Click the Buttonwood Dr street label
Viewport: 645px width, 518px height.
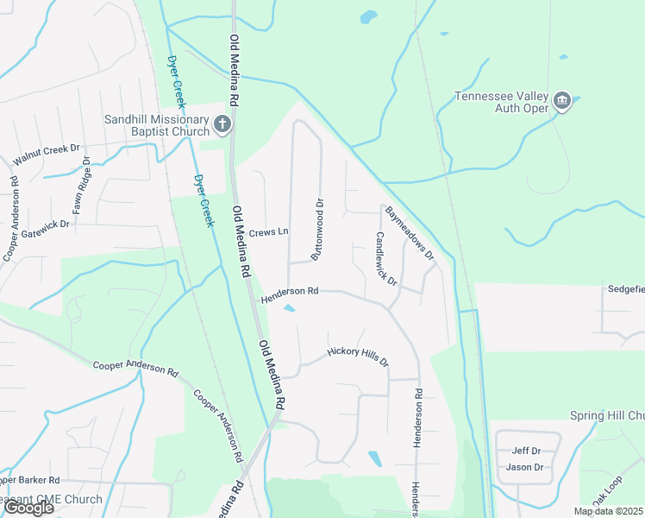(317, 231)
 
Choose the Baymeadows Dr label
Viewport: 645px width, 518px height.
(410, 233)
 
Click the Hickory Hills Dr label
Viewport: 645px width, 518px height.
(358, 357)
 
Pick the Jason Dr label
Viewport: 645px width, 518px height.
(524, 467)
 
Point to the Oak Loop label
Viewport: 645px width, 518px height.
(606, 490)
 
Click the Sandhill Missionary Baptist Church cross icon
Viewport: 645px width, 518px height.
(222, 125)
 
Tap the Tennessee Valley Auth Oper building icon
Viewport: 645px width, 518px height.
(562, 102)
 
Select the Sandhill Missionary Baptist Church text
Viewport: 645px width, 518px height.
(157, 125)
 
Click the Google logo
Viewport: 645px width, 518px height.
(28, 508)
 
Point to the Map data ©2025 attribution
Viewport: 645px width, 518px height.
(608, 511)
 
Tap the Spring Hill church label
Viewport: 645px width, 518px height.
(607, 415)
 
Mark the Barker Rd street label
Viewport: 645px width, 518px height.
(30, 479)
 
